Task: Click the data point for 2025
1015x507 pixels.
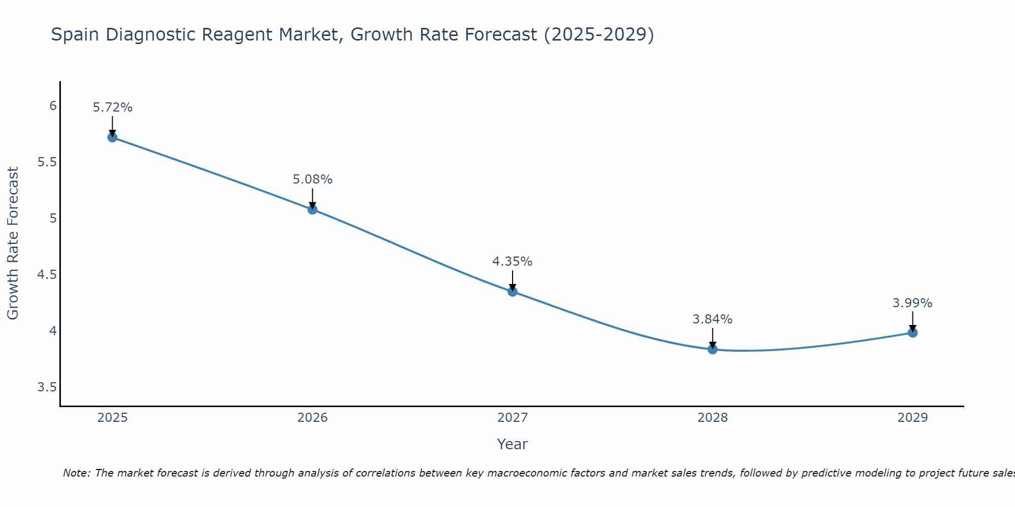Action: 113,137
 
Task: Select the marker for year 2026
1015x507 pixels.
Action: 313,209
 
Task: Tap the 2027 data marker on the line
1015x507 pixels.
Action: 513,292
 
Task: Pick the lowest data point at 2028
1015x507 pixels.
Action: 713,349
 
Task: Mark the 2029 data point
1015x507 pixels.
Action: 912,333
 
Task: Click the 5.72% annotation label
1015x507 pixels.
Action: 113,107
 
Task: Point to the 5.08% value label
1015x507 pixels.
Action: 313,179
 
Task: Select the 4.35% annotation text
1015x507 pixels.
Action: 513,262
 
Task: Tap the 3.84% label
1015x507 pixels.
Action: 713,319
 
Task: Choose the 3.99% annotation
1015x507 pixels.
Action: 912,303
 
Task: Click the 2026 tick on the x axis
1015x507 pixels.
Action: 313,418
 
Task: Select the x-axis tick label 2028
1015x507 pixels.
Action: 713,418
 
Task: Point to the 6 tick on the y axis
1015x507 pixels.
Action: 53,106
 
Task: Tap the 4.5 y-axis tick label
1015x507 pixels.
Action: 47,275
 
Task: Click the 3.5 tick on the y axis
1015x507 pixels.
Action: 47,388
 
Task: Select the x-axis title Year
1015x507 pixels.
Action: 513,444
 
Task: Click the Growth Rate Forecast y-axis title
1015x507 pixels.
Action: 13,243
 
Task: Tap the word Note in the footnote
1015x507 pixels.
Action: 76,473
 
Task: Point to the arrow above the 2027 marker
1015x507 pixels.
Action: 513,280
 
